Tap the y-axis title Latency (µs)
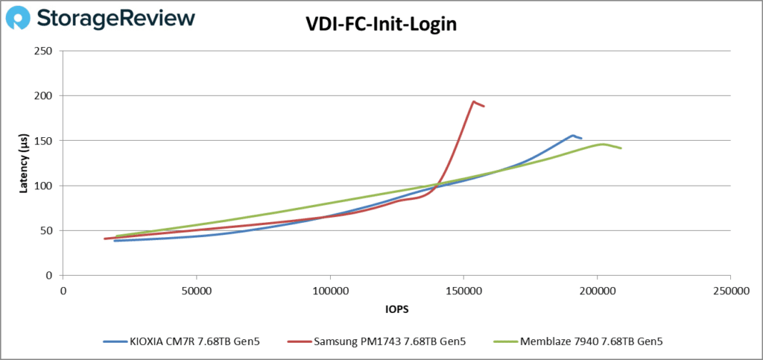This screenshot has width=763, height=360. click(x=25, y=162)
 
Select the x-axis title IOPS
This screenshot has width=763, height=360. click(x=396, y=308)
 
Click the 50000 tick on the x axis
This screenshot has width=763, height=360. click(x=196, y=290)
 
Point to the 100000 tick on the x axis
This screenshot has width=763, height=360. click(x=329, y=290)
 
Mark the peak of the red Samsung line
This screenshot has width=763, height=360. click(x=473, y=102)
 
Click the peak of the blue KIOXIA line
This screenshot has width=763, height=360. click(x=572, y=136)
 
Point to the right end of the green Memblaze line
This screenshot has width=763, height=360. click(x=621, y=148)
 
